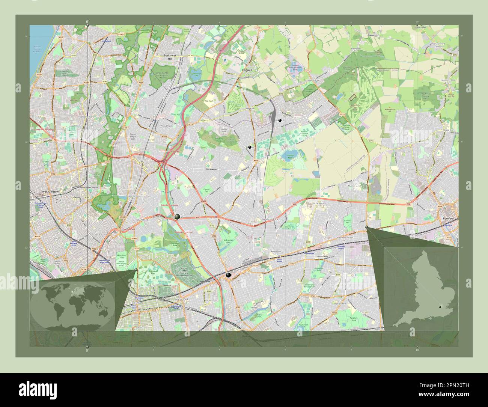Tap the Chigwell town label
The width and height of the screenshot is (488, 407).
[x=246, y=70]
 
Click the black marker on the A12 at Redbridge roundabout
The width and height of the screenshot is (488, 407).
[x=177, y=217]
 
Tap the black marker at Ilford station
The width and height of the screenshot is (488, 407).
[x=228, y=275]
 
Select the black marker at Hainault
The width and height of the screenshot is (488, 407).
[x=280, y=120]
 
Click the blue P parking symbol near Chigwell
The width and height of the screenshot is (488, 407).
[x=225, y=60]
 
